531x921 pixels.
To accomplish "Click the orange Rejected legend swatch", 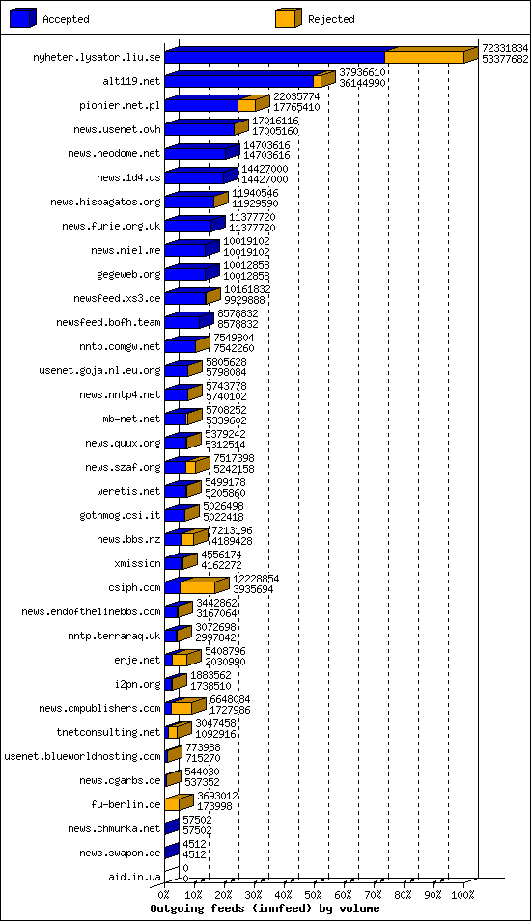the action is (287, 18).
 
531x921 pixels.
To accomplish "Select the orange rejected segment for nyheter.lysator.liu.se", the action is (424, 57).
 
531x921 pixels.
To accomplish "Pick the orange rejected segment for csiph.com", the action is (197, 587).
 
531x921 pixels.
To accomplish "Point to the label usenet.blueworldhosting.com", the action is (82, 756).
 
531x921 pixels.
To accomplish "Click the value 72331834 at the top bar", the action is (505, 47).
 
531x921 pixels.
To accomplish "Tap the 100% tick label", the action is (462, 895).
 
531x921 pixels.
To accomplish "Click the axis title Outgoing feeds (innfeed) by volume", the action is (265, 908).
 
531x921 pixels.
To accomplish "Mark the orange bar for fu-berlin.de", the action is (172, 804).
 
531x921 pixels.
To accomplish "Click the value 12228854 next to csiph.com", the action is (256, 578).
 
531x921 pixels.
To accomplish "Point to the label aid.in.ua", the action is (134, 877).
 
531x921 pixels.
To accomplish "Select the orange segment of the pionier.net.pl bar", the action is (246, 105).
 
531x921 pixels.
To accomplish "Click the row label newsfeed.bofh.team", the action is (108, 322).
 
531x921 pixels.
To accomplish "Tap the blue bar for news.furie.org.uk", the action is (188, 226).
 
